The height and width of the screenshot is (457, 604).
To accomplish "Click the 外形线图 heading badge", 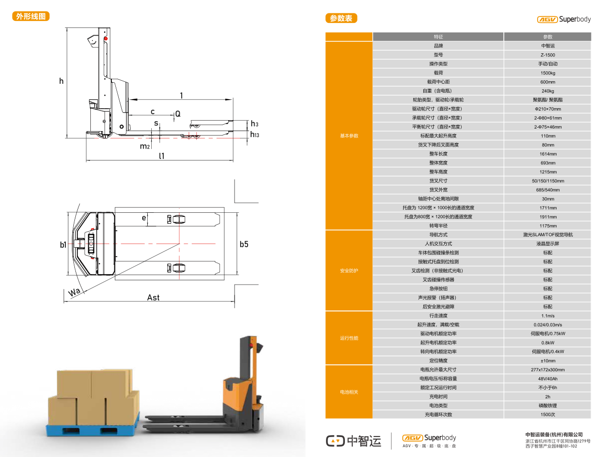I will [x=31, y=16].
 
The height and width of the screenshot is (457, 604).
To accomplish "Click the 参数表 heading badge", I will [x=341, y=18].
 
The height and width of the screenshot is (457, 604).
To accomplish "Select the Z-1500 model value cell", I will [x=547, y=55].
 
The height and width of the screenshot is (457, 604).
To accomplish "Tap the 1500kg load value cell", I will [x=547, y=73].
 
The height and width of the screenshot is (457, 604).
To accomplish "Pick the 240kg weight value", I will [x=547, y=91].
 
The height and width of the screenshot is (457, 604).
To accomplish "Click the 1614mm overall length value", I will [x=547, y=154].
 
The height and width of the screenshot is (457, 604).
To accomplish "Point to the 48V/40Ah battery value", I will [x=547, y=379].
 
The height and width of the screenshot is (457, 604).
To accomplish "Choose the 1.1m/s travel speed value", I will [x=547, y=316].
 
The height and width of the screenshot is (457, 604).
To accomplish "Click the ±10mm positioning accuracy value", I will [x=547, y=361].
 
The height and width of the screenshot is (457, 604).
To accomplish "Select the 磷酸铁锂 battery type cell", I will [x=547, y=406].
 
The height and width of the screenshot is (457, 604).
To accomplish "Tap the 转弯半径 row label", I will [x=438, y=226].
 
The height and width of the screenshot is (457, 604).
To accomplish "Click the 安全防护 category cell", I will [x=349, y=271].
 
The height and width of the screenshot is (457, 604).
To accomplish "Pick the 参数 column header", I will [x=547, y=37].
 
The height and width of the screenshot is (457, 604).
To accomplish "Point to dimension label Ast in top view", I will [x=153, y=298].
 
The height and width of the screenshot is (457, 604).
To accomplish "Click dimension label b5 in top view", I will [x=244, y=244].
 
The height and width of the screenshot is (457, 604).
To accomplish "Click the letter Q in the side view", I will [x=177, y=114].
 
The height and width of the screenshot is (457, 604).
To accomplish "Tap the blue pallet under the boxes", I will [x=92, y=429].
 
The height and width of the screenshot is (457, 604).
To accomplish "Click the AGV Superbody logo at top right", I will [x=564, y=19].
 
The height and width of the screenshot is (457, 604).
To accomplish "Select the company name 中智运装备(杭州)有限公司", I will [x=554, y=435].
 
